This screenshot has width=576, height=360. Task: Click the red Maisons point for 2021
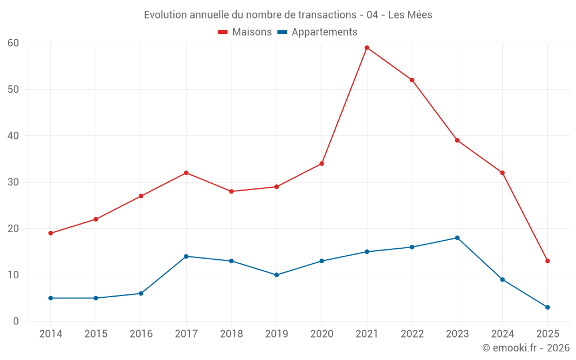coord(367,48)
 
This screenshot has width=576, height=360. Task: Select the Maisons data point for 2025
coord(548,261)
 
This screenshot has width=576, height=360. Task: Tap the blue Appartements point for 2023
coord(457,238)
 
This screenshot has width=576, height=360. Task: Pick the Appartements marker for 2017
coord(186,256)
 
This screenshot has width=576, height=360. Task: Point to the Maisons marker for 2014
coord(51,233)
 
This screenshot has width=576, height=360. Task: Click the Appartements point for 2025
coord(548,307)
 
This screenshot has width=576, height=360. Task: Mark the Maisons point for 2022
coord(412,80)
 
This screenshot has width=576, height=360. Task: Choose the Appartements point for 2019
coord(276,275)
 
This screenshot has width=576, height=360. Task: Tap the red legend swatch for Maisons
coord(223,32)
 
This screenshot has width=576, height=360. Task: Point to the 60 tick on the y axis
coord(13,43)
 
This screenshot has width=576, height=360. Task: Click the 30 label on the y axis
coord(13,182)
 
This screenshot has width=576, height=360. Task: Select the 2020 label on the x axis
coord(322,334)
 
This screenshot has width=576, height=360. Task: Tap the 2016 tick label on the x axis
coord(141,334)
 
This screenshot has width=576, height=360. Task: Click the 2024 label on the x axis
coord(503,334)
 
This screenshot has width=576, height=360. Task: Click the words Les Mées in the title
coord(410,15)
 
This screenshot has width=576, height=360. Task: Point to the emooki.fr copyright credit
coord(526,348)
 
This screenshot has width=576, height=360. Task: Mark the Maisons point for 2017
coord(186,173)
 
